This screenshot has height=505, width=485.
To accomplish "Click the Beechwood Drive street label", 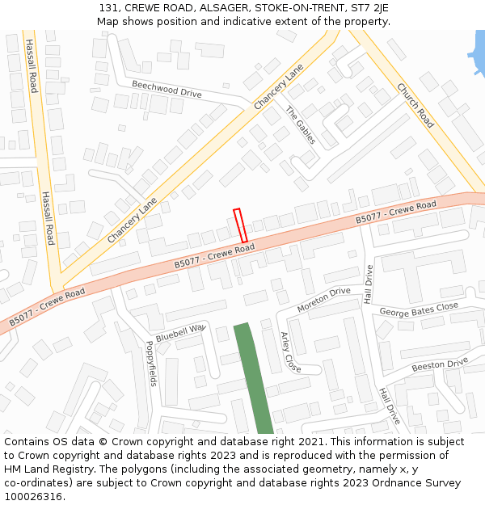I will (x=167, y=88).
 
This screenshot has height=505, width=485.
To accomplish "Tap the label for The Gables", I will (x=301, y=124).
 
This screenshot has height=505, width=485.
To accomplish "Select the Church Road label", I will (x=415, y=106).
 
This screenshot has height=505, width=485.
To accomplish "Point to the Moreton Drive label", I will (x=323, y=300).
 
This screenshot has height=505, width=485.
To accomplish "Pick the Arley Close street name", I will (x=290, y=351).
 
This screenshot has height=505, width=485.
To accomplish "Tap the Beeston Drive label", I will (x=440, y=365).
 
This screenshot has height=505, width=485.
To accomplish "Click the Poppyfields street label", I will (x=151, y=361).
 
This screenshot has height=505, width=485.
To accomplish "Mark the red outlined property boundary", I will (x=240, y=225).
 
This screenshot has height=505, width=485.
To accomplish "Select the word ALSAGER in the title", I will (x=218, y=7).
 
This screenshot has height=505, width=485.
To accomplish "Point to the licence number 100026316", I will (x=33, y=497).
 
